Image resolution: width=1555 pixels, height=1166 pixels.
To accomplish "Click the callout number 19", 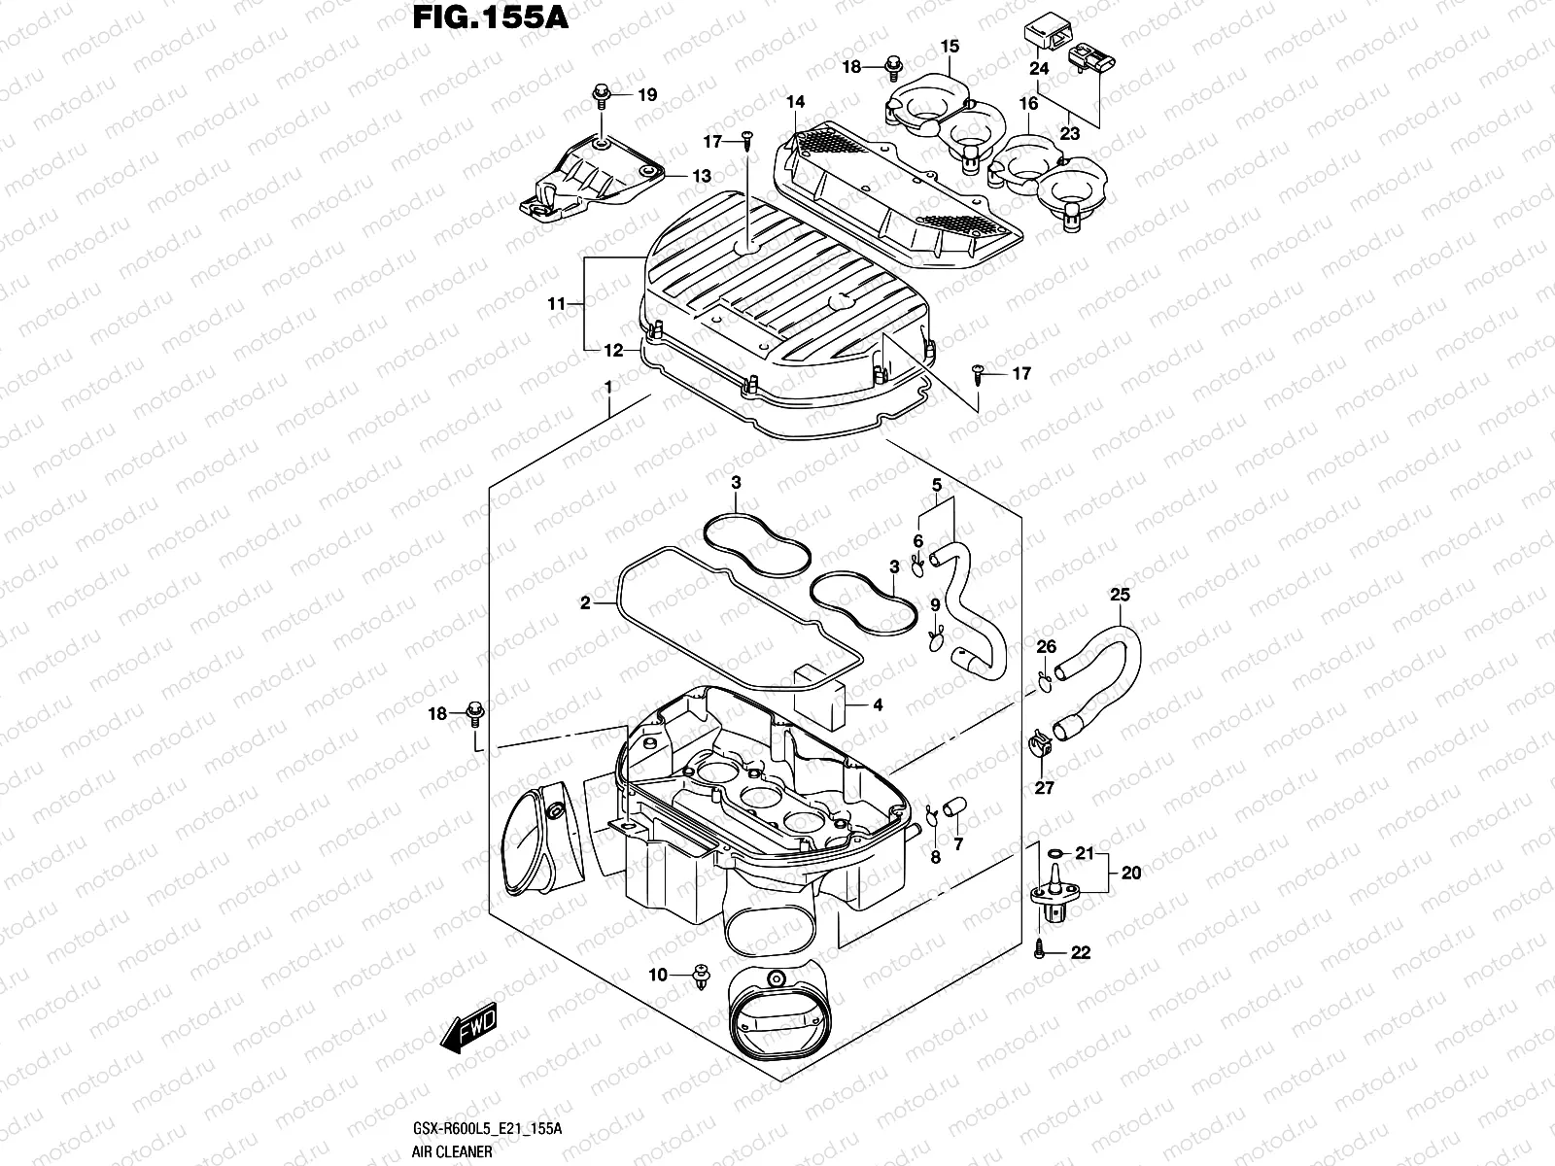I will [647, 94].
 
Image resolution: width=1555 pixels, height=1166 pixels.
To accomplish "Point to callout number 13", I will [702, 176].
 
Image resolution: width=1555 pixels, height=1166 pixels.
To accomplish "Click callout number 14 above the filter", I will [796, 102].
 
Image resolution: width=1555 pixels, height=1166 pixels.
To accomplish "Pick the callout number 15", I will [950, 46].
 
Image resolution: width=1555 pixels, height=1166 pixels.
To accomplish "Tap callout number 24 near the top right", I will [1040, 68].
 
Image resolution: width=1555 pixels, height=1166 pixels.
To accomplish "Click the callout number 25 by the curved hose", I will [1121, 594].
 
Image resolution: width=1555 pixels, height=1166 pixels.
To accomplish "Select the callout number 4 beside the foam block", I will [878, 705].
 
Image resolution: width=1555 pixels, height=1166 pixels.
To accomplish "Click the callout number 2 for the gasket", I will [585, 603].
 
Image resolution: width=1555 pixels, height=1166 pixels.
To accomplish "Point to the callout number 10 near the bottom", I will [658, 975].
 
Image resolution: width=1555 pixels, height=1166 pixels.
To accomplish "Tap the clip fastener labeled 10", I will [700, 976].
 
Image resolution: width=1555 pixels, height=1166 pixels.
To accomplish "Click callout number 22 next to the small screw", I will [1080, 953].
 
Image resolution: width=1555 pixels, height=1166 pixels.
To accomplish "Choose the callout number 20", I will [1130, 873].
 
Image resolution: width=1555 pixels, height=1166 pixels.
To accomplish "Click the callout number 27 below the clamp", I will [1044, 788].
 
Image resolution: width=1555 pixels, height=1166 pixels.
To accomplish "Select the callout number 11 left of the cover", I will [556, 304].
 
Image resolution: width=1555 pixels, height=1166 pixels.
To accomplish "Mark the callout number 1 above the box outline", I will [608, 387].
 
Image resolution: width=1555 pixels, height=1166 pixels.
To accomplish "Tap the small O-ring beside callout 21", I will [1054, 855].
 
